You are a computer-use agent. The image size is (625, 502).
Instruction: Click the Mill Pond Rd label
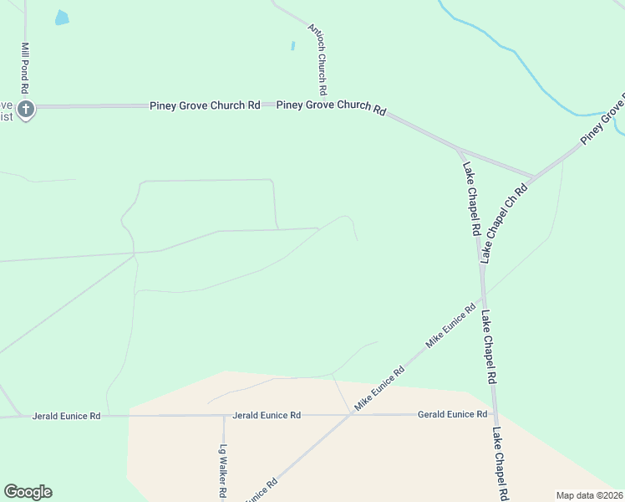tap(26, 68)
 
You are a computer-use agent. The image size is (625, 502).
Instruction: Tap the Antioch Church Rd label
tap(317, 58)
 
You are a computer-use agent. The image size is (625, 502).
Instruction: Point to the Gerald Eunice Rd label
tap(452, 414)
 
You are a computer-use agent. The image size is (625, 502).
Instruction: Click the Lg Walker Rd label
tap(223, 470)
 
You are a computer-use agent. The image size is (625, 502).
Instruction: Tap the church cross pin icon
tap(26, 109)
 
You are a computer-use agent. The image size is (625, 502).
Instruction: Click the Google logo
tap(28, 492)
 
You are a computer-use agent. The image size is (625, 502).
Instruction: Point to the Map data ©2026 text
tap(590, 495)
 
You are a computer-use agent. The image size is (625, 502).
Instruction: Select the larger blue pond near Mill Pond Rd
tap(62, 17)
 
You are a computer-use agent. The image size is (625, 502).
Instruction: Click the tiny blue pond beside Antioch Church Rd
tap(293, 45)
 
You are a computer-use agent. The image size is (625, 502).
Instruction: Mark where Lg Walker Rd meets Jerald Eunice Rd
tap(223, 416)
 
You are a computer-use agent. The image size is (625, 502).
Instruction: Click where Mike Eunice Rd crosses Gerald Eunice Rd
tap(352, 415)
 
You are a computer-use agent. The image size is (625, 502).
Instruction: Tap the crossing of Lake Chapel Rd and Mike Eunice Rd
tap(482, 296)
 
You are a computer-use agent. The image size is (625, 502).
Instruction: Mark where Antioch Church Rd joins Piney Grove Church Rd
tap(322, 105)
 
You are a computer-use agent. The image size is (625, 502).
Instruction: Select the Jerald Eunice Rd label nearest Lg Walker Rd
tap(267, 415)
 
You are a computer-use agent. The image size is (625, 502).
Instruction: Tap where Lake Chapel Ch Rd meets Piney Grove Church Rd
tap(532, 177)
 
